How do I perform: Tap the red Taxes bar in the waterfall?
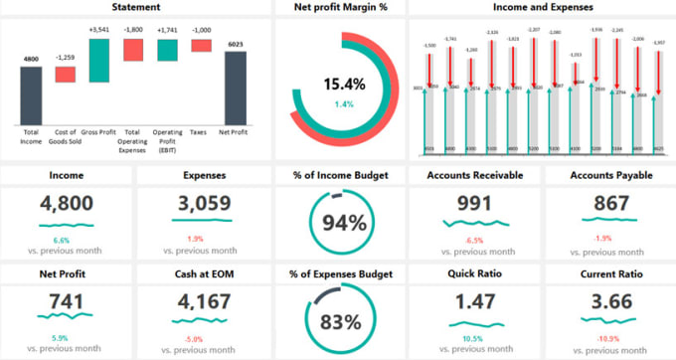point(202,45)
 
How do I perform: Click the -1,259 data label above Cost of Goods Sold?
point(65,58)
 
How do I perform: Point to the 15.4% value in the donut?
point(343,84)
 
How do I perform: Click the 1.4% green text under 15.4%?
point(343,103)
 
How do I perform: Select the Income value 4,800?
point(67,204)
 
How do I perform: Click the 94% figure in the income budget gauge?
point(343,222)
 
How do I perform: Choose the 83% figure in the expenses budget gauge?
point(343,321)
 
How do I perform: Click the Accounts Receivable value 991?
point(473,204)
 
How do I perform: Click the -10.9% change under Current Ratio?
point(606,339)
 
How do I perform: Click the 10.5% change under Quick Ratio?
point(473,339)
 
